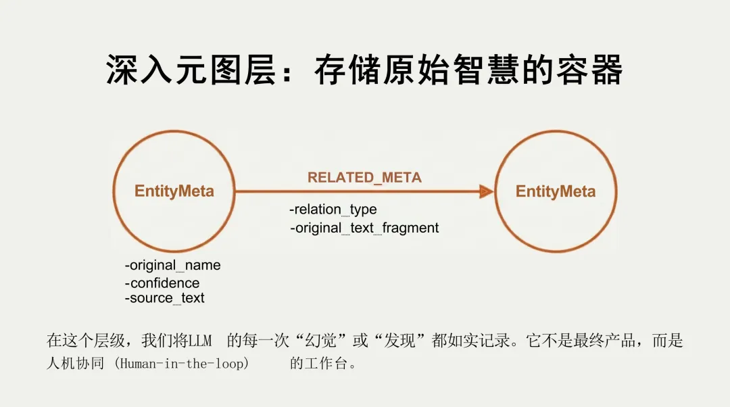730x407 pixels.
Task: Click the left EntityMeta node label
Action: [174, 191]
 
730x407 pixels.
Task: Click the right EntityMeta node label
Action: [556, 191]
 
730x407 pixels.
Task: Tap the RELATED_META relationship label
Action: [364, 178]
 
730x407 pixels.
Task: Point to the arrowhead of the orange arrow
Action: [486, 192]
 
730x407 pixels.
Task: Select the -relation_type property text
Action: [333, 210]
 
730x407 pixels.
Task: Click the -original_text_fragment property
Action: [364, 228]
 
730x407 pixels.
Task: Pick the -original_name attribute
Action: [172, 265]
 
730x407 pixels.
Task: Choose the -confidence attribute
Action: [162, 283]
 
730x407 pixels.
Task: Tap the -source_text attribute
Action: [164, 298]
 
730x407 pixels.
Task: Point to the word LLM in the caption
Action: [199, 341]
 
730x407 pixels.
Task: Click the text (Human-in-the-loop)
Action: [181, 363]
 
